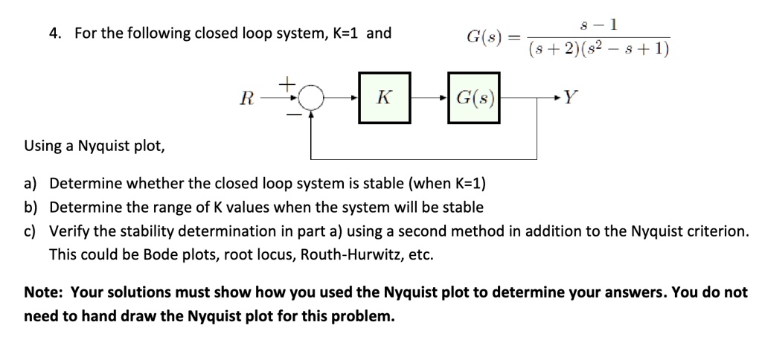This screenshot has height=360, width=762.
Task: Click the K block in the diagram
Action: point(384,97)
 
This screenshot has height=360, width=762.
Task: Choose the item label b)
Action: point(31,207)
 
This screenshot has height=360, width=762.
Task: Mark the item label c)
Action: point(31,231)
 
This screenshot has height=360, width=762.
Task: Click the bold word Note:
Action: point(45,292)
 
